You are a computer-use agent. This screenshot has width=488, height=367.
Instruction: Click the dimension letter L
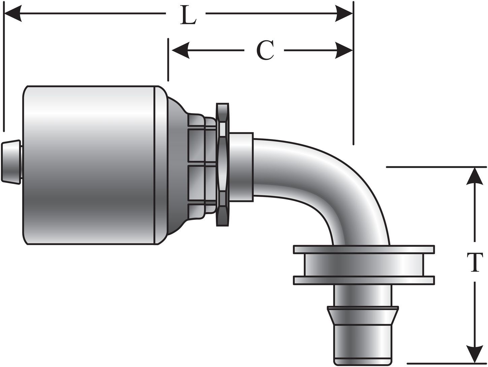tap(188, 15)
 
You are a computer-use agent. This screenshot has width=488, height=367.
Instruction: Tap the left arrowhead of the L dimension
tap(12, 14)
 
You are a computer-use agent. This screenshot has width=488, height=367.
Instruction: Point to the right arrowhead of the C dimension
tap(344, 51)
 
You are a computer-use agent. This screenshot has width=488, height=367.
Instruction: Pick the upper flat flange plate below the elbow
tap(364, 249)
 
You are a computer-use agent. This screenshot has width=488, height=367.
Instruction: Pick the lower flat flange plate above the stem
tap(364, 280)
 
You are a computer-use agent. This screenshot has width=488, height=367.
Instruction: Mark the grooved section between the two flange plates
tap(364, 265)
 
